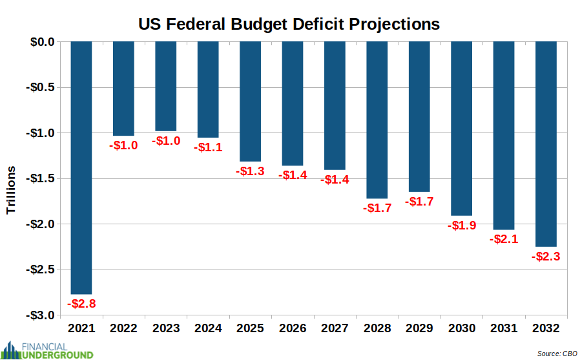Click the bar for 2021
click(81, 167)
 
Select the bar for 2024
click(208, 89)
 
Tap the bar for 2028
click(377, 120)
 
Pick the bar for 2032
click(545, 143)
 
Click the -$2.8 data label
click(81, 303)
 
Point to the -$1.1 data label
click(208, 147)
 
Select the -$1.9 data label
click(461, 226)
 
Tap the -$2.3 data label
click(545, 257)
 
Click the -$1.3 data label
click(250, 171)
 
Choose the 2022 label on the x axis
click(123, 328)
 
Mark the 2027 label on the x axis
click(335, 328)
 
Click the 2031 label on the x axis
click(503, 328)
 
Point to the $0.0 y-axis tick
click(43, 42)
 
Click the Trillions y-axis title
click(11, 190)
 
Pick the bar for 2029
click(419, 117)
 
